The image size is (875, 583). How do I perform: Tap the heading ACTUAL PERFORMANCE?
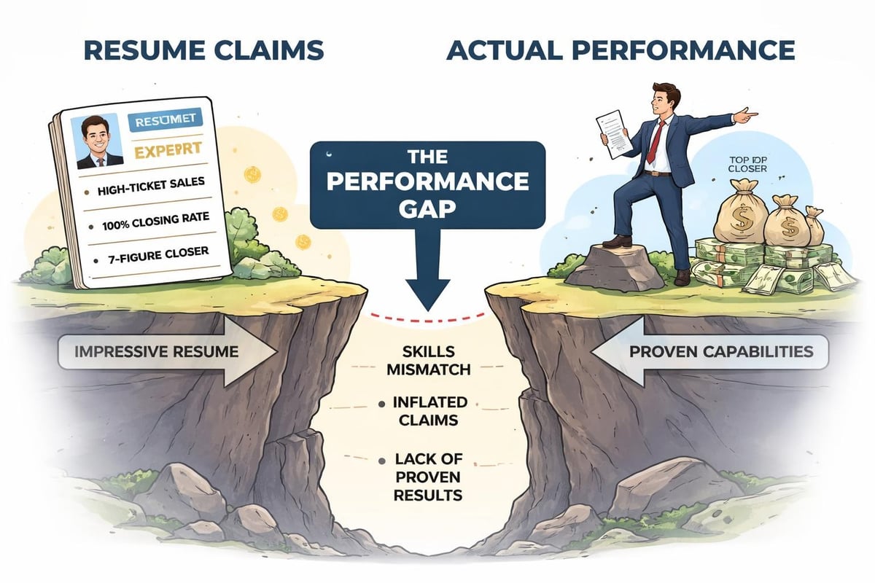pos(621,52)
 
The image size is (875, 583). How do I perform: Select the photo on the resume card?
pos(97,141)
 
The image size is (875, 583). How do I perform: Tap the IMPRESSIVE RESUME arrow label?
pos(157,352)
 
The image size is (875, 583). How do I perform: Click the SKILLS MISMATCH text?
pos(429,360)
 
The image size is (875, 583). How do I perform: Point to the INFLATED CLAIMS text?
pos(429,410)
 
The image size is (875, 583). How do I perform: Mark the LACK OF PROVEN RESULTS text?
pos(429,477)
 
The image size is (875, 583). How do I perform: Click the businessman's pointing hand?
pos(744,114)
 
